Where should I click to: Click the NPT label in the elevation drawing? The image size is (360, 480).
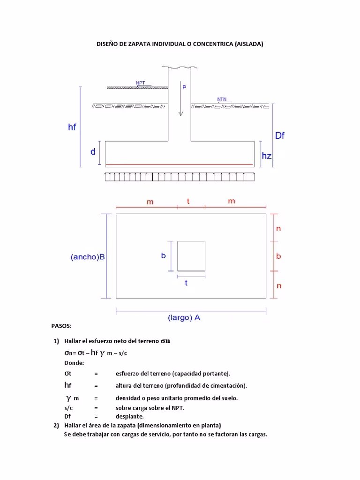[140, 83]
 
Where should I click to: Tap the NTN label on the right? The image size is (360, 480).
[222, 99]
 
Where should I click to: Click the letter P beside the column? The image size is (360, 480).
[184, 87]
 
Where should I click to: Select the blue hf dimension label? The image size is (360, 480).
[72, 127]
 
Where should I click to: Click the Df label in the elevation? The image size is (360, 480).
[280, 136]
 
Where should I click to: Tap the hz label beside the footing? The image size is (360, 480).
[266, 156]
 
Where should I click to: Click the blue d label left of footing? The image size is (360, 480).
[93, 152]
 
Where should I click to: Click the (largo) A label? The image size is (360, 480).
[184, 317]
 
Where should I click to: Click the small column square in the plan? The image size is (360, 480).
[191, 256]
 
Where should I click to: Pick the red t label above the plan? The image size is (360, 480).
[188, 201]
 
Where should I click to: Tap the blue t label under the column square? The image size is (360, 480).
[186, 283]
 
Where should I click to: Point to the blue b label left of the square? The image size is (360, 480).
[164, 255]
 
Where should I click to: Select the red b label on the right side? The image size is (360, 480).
[278, 256]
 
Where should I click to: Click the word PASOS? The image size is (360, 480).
[61, 325]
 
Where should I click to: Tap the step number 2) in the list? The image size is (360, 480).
[56, 426]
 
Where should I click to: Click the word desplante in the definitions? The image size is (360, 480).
[129, 416]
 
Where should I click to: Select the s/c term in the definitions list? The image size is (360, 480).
[69, 408]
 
